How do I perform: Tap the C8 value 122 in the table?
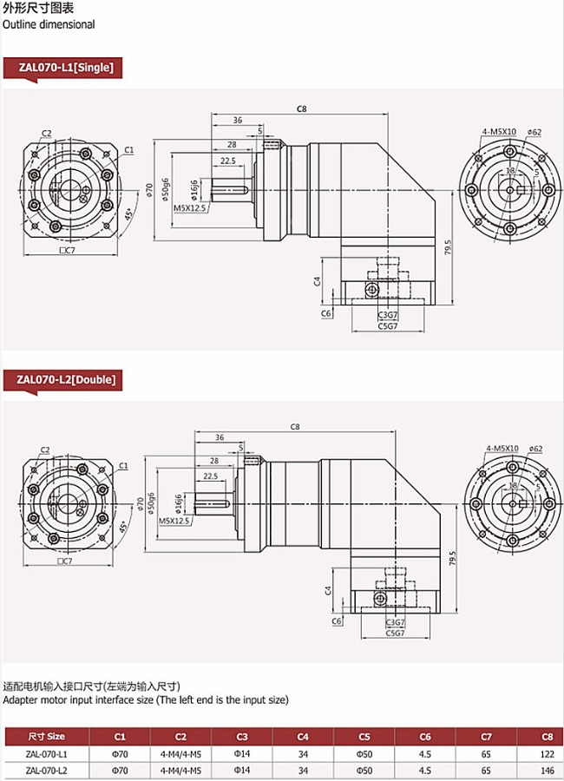coord(547,754)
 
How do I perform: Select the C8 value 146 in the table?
coord(547,770)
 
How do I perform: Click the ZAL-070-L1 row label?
coord(46,754)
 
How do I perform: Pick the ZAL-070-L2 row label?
coord(46,770)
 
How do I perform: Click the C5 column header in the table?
coord(364,737)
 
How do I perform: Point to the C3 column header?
coord(242,737)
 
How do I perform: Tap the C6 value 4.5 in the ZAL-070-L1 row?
coord(425,754)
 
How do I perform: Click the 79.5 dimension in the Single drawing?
coord(449,247)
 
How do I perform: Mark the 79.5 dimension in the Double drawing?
coord(451,561)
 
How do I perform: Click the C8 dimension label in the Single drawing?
coord(302,108)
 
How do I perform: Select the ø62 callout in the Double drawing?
coord(534,449)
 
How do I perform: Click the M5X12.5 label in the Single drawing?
coord(189,208)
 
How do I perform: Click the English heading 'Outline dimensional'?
coord(49,25)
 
